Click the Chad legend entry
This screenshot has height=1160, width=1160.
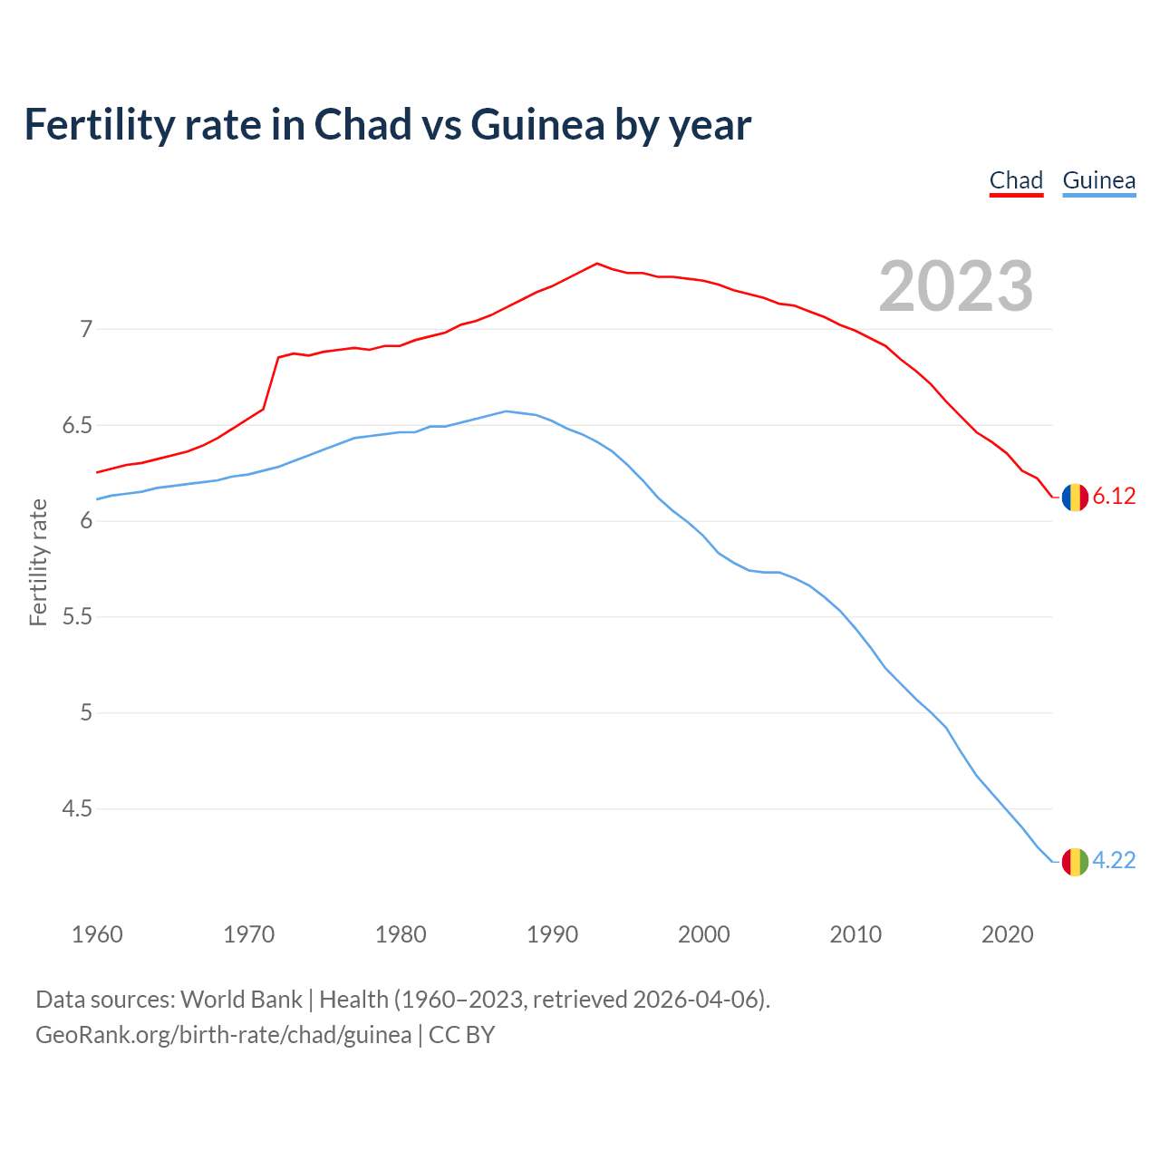coord(1016,180)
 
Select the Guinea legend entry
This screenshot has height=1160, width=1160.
coord(1098,180)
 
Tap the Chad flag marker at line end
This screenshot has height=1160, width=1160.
coord(1075,497)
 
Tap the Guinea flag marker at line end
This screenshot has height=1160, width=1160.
coord(1075,861)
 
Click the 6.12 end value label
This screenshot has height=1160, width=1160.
coord(1114,497)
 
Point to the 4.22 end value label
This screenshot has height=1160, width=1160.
coord(1114,861)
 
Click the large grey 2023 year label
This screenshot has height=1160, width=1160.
coord(955,286)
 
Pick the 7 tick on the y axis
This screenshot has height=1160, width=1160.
coord(86,329)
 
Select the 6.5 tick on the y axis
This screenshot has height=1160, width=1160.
coord(77,425)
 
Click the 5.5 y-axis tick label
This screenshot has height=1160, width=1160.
coord(77,617)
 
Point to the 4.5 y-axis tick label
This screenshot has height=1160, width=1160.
coord(77,808)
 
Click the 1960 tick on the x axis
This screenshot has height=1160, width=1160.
coord(97,934)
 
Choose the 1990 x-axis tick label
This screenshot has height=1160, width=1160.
coord(552,934)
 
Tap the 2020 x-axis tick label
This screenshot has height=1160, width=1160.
coord(1007,934)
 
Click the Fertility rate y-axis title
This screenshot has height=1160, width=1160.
coord(38,562)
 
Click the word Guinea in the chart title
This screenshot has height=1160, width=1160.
coord(537,125)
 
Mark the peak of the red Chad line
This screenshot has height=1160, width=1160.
coord(596,264)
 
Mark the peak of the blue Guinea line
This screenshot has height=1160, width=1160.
coord(506,411)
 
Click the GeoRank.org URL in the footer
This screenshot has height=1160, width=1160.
coord(223,1035)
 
